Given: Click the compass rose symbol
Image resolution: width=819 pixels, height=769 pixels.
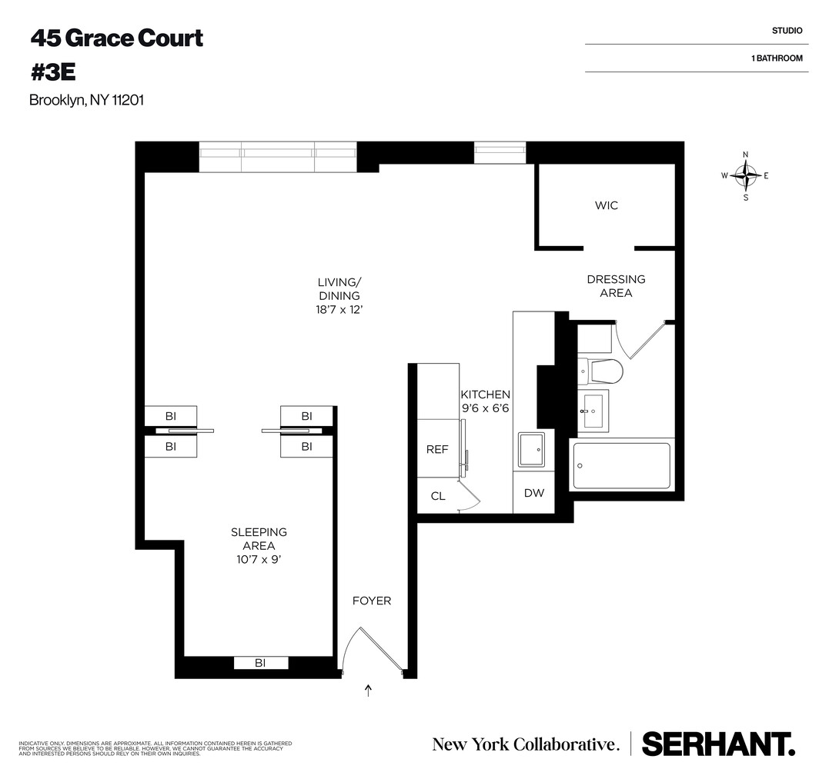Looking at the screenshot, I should (x=745, y=175).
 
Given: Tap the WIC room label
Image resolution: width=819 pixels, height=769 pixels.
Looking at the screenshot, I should (x=607, y=205).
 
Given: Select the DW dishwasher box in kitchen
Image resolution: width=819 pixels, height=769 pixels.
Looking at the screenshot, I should (x=534, y=493).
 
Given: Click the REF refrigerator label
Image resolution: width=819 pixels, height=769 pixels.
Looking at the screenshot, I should (x=437, y=450).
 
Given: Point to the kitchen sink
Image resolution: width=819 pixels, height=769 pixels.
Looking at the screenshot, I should (x=532, y=450).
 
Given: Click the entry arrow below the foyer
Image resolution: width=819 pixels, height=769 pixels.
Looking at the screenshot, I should (x=369, y=690).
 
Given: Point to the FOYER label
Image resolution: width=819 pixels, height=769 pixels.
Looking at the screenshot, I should (x=372, y=601).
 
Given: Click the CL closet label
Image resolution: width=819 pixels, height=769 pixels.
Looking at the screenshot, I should (x=438, y=496).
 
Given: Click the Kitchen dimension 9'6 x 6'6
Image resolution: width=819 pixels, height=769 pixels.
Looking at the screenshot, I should (x=485, y=409).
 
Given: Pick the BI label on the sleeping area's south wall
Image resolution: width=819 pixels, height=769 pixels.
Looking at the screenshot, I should (x=260, y=663).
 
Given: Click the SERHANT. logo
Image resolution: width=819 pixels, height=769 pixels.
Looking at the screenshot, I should (x=718, y=744).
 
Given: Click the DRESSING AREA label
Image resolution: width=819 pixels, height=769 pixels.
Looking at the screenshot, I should (x=616, y=286).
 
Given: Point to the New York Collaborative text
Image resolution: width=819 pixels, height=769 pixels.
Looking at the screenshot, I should (x=526, y=744).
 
